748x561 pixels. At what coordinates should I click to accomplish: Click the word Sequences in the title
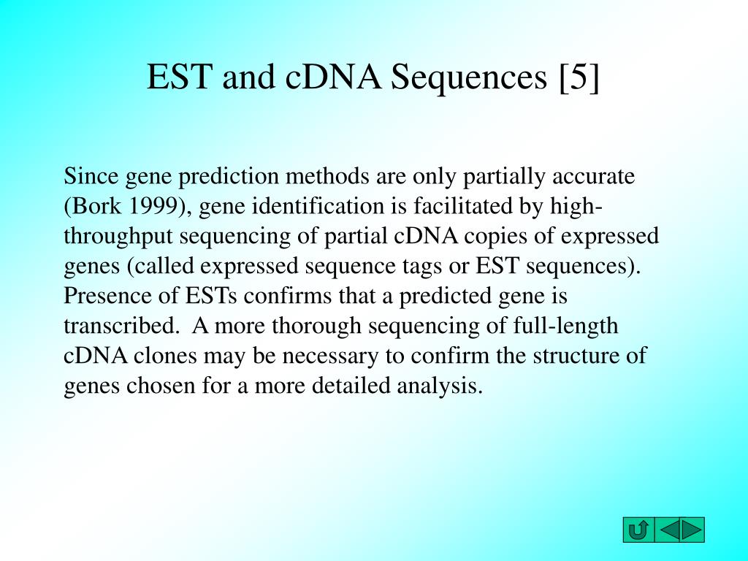pyautogui.click(x=469, y=77)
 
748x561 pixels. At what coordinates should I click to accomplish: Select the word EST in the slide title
pyautogui.click(x=179, y=76)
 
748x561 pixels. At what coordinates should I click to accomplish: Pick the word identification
pyautogui.click(x=318, y=206)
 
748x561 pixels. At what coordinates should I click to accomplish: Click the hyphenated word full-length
pyautogui.click(x=566, y=327)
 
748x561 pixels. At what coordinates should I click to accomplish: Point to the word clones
pyautogui.click(x=165, y=356)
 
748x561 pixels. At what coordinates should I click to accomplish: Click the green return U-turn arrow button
pyautogui.click(x=638, y=530)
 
